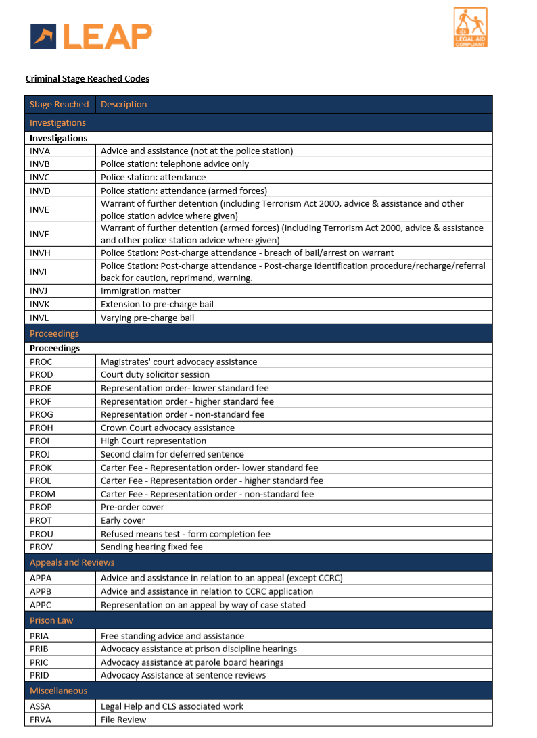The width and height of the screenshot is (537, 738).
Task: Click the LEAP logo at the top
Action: pos(91,36)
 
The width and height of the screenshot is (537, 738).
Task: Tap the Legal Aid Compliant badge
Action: pos(470,28)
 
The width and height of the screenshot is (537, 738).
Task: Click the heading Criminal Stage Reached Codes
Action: pos(87,78)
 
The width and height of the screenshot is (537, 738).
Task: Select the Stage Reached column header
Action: pos(59,104)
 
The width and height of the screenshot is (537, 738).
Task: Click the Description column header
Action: pos(124,104)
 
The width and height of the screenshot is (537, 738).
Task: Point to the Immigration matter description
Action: pos(141,291)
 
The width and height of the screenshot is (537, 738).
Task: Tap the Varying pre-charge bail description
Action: pos(147,318)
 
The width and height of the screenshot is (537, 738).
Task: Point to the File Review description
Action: pos(123,720)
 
